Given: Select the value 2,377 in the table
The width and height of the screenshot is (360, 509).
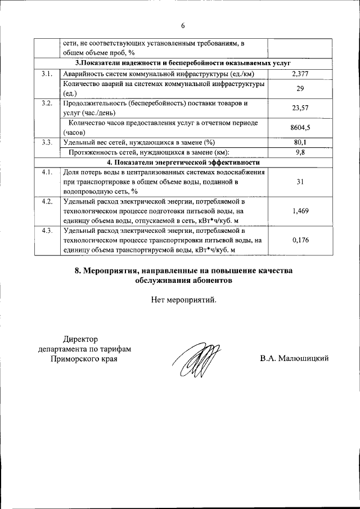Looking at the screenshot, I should coord(300,74).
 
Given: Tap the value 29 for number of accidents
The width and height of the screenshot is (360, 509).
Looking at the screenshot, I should coord(300,89).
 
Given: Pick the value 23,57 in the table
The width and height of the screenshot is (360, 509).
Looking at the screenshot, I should coord(300,109).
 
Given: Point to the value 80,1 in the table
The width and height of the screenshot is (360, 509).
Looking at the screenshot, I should coord(300,142).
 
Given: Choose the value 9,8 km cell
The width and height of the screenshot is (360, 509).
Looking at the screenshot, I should coord(300,152).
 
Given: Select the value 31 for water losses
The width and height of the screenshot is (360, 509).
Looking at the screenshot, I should coord(300,181).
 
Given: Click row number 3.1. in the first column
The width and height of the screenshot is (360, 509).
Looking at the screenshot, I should coord(47,74).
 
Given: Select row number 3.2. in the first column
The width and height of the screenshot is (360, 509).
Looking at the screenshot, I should coord(47,103).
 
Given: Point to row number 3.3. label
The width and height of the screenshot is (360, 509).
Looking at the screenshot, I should coord(47,142).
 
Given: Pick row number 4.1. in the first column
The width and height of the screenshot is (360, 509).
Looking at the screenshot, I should coord(47,172).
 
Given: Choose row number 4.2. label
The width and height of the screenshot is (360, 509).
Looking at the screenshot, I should coord(47,201).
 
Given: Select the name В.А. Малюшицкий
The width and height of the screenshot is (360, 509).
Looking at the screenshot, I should coord(294,358).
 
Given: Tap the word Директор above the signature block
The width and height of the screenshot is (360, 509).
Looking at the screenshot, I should coord(80,339).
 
